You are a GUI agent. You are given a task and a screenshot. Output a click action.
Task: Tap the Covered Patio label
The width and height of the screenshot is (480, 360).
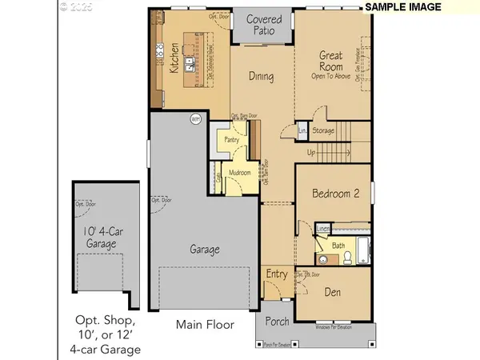[262, 26]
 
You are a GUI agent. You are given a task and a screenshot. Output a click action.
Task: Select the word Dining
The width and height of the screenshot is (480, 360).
[262, 78]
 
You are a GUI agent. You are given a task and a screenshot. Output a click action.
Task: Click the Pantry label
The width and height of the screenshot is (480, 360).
[233, 139]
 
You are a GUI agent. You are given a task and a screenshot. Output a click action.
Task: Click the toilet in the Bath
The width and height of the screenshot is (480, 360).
[348, 257]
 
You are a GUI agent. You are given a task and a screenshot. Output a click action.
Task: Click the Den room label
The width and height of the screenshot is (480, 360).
[332, 293]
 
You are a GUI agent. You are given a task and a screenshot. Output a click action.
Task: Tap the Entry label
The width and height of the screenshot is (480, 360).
[277, 274]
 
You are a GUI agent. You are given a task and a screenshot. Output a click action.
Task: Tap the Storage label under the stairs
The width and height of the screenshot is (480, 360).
[323, 130]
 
